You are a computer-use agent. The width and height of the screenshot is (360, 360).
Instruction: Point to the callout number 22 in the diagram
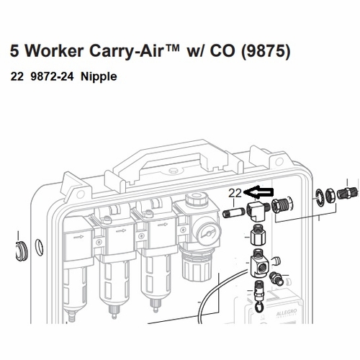[x=235, y=193]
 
